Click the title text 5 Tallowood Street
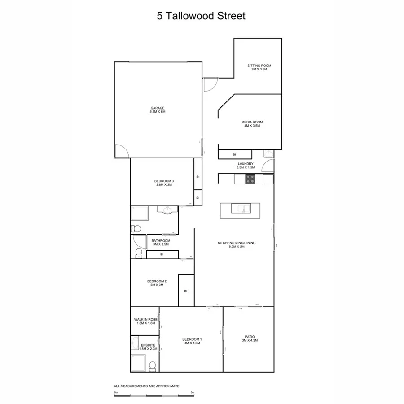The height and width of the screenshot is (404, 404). [202, 16]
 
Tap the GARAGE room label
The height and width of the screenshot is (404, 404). [158, 108]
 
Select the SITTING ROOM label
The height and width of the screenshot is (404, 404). [259, 66]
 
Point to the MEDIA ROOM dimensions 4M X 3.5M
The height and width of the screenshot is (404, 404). [252, 126]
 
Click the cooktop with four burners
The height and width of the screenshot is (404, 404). [250, 179]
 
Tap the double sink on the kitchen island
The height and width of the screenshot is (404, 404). [240, 208]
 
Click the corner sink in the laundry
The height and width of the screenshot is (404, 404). [268, 154]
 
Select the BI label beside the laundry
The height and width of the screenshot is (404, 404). [234, 154]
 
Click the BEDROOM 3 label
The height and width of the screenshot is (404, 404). [164, 181]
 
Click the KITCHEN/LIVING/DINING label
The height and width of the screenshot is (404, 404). [237, 243]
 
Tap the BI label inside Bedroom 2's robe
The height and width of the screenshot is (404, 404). [185, 290]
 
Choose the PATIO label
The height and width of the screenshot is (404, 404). [250, 337]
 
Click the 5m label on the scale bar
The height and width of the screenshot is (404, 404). [193, 392]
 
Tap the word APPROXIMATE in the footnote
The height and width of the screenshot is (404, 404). [166, 386]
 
